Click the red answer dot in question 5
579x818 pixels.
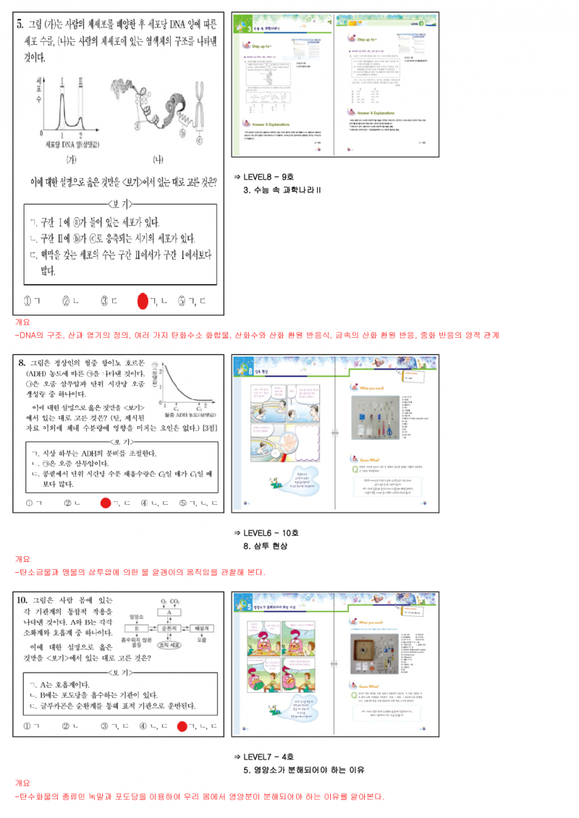(143, 301)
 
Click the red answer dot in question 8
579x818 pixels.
(106, 503)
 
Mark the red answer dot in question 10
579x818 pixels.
(183, 726)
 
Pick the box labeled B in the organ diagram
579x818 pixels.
(136, 629)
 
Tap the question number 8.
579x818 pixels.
(22, 363)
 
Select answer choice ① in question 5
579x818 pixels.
(30, 301)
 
